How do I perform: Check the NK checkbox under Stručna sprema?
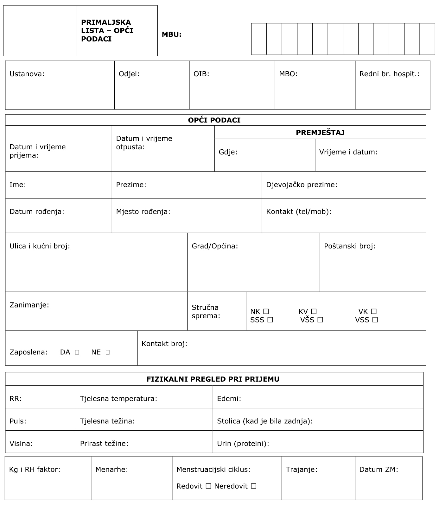[266, 312]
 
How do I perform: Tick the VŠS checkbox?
[320, 320]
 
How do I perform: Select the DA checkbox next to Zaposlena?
[77, 352]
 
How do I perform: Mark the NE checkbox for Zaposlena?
[108, 352]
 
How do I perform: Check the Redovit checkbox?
[208, 486]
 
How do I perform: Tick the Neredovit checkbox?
[253, 486]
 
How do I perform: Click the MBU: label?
[172, 34]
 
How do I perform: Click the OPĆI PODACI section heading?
[214, 120]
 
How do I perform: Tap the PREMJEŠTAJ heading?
[320, 133]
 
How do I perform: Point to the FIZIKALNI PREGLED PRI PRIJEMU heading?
[213, 379]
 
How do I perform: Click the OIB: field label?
[201, 74]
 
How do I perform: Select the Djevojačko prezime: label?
[302, 185]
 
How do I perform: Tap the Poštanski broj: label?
[350, 246]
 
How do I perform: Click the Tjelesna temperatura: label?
[118, 399]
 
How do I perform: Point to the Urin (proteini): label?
[243, 444]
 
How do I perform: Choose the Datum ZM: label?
[379, 470]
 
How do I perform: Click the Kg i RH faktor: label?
[35, 470]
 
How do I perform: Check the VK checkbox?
[374, 312]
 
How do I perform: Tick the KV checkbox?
[314, 312]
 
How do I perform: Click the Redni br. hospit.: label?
[389, 74]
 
